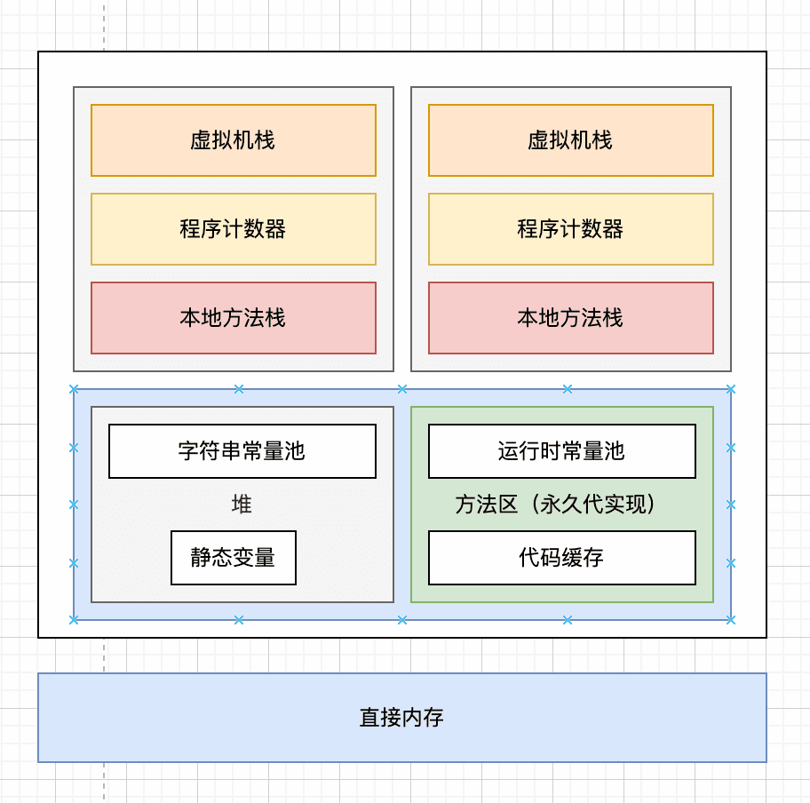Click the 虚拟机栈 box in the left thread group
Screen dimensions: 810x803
tap(234, 140)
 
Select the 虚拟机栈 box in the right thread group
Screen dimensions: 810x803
tap(571, 140)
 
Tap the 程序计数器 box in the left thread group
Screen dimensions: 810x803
tap(234, 229)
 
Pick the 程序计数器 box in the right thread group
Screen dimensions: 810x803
tap(571, 229)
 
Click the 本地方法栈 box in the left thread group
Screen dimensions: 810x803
tap(234, 318)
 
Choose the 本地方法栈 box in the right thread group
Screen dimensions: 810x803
tap(571, 318)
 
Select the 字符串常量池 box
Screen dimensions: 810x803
tap(242, 451)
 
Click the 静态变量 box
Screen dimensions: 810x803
tap(234, 558)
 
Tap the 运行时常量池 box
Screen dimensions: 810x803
tap(562, 451)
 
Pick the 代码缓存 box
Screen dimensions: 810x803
tap(562, 558)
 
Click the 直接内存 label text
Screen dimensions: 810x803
tap(401, 718)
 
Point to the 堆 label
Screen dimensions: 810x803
tap(242, 505)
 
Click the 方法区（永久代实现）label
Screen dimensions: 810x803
tap(556, 505)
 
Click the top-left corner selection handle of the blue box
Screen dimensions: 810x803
tap(74, 389)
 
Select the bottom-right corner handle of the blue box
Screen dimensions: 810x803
tap(730, 619)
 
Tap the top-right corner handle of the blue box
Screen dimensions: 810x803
tap(730, 389)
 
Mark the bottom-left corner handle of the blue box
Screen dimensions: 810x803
tap(74, 619)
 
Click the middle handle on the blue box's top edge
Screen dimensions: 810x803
tap(402, 389)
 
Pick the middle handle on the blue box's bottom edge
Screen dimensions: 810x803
tap(402, 619)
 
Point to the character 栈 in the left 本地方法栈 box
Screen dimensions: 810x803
tap(275, 318)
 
